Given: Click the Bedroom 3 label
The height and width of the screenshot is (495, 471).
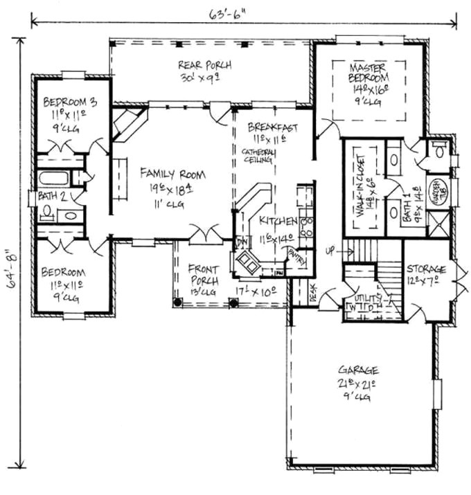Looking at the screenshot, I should coord(70,102).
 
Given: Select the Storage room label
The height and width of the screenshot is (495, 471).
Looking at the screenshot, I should coord(426,268).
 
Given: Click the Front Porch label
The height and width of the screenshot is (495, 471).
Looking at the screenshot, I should coord(204,275).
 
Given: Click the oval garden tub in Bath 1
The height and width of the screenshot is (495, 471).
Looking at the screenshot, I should coord(438,188).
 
